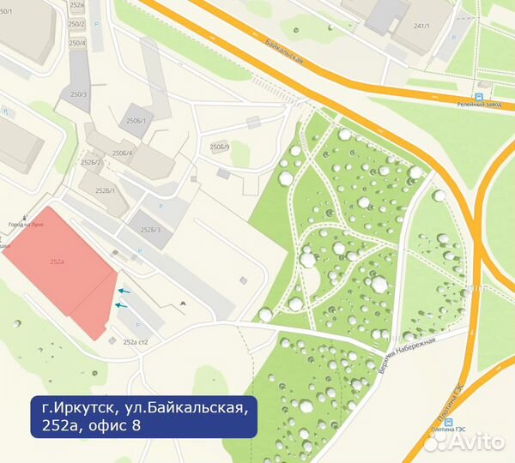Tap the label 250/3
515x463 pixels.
[79, 93]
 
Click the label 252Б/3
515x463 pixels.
[150, 230]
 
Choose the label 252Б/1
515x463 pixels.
[106, 190]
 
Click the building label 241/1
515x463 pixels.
[421, 27]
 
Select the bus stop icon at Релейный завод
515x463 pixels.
[478, 98]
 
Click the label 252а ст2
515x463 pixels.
[136, 342]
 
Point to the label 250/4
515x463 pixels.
[77, 42]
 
